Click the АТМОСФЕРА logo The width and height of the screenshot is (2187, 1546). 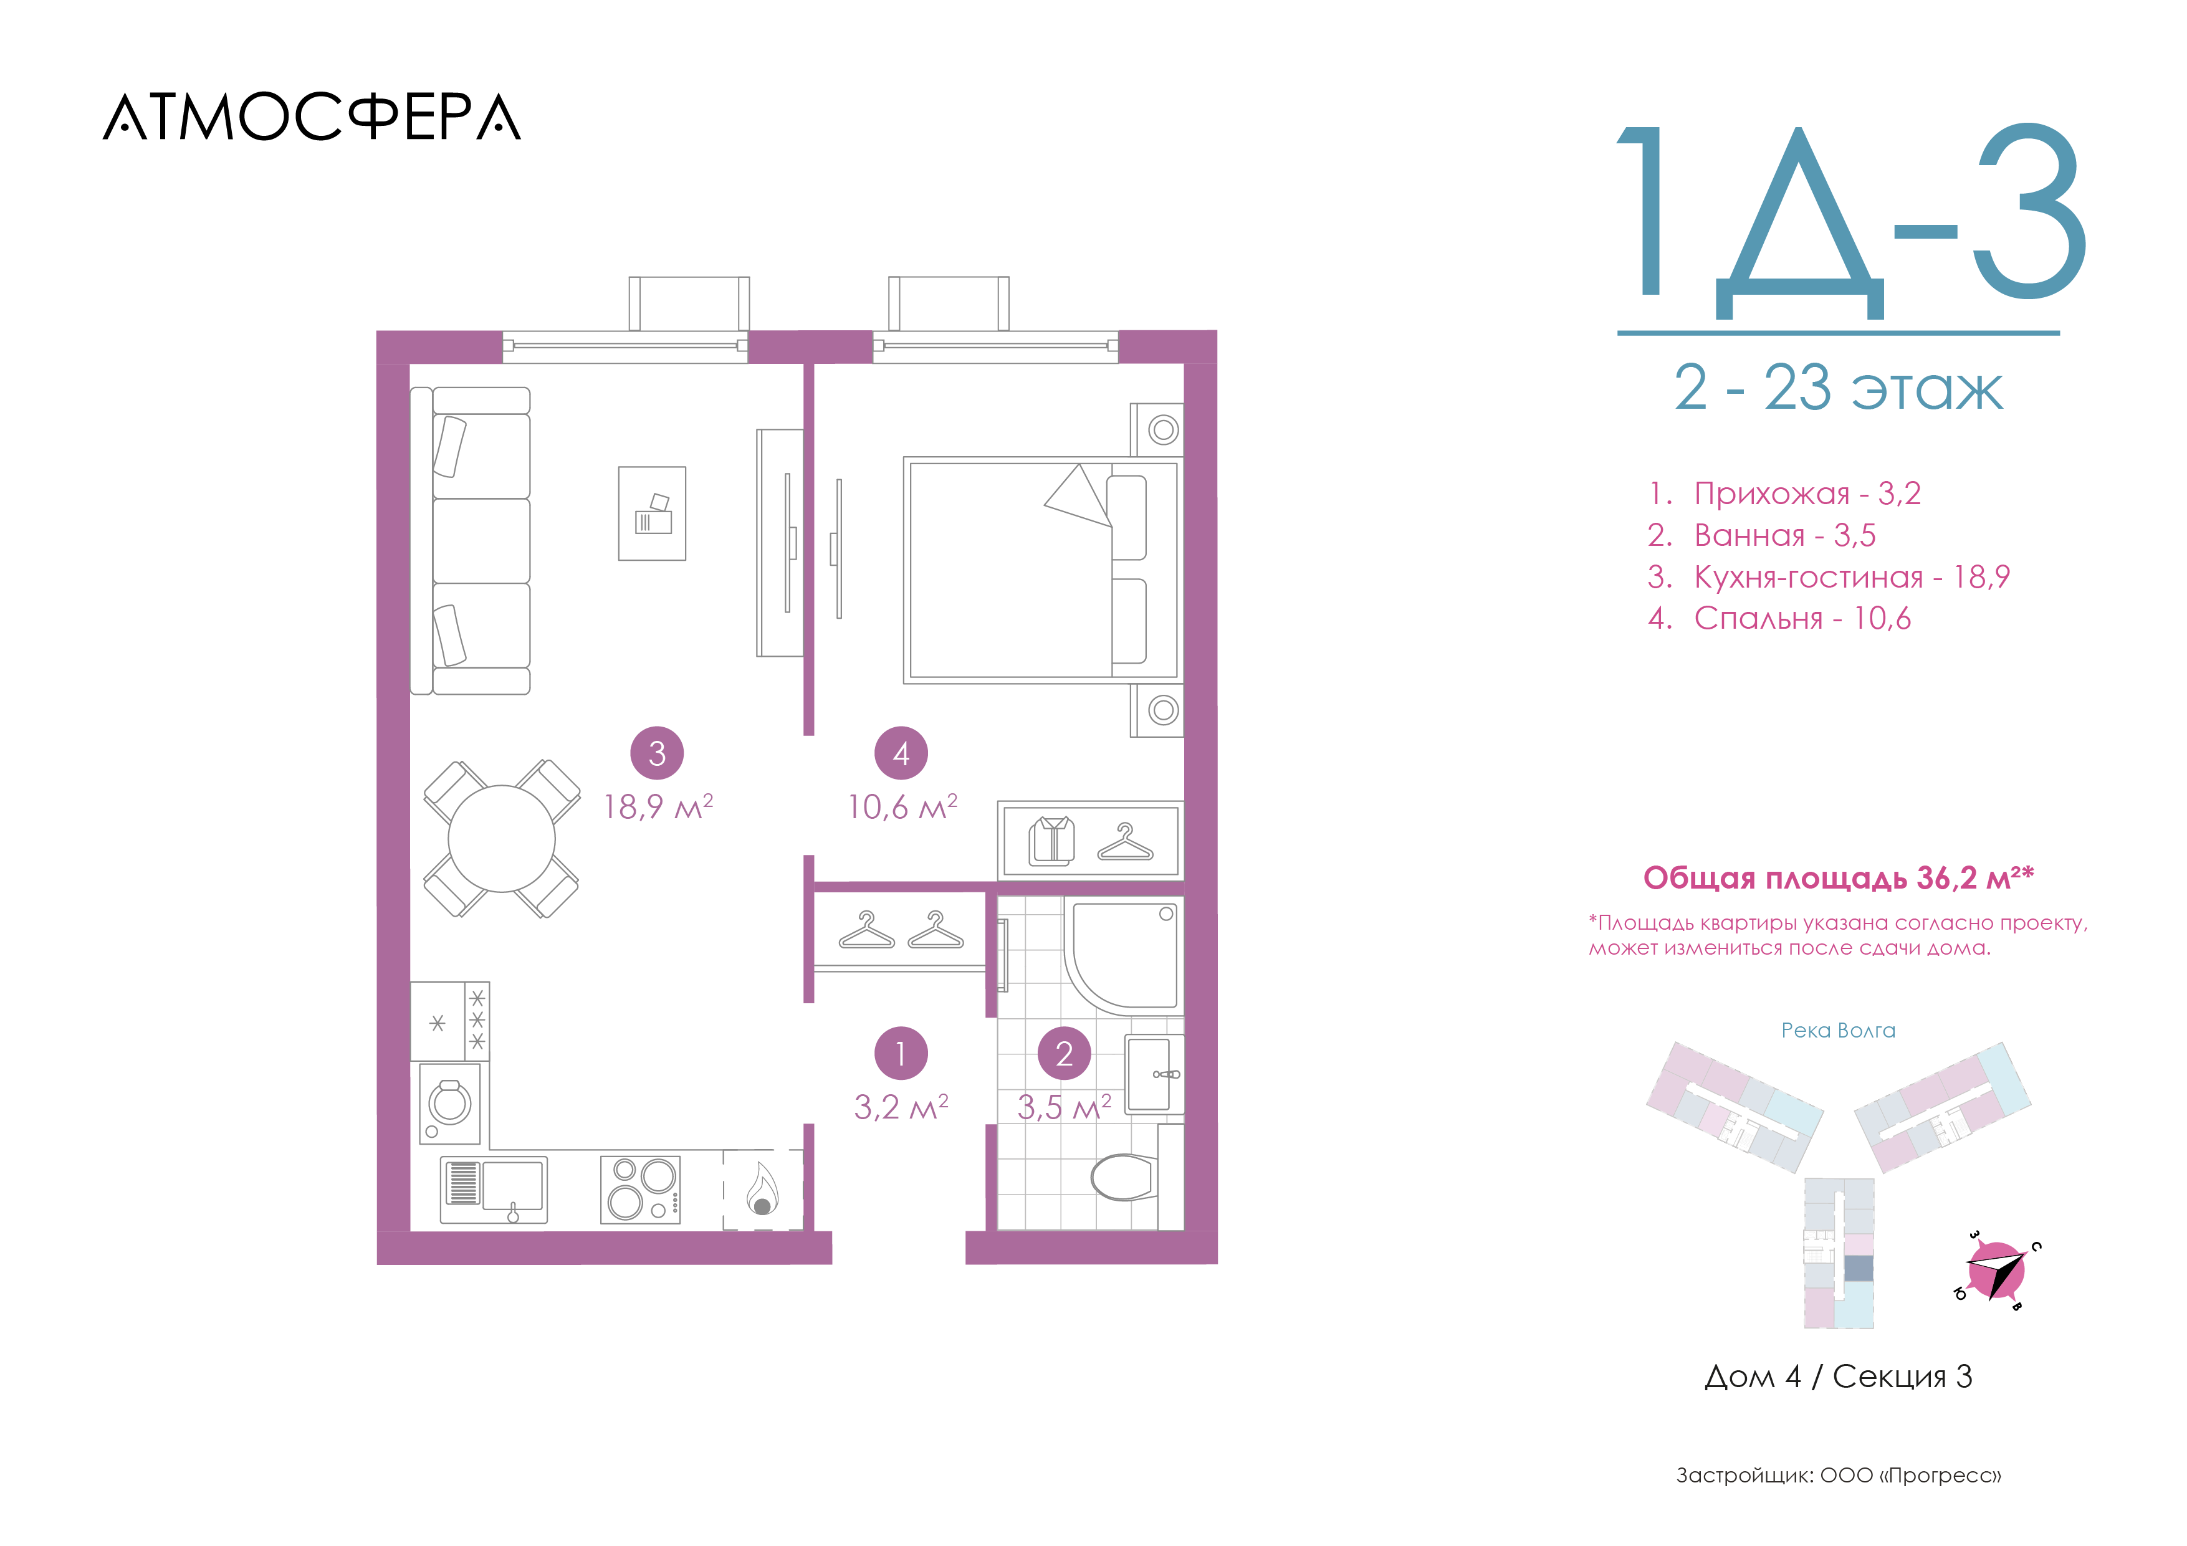[312, 117]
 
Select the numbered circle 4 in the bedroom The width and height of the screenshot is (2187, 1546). [901, 753]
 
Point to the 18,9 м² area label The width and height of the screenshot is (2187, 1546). [658, 807]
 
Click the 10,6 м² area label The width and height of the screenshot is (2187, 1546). [902, 807]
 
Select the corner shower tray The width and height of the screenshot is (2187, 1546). [1124, 955]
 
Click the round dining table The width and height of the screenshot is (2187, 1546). [501, 838]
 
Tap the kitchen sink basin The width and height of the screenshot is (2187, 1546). [512, 1187]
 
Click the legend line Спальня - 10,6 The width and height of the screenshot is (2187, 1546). [1779, 618]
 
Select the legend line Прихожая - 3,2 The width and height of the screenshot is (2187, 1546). [1784, 494]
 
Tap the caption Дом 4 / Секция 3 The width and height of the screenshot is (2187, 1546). [1839, 1377]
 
